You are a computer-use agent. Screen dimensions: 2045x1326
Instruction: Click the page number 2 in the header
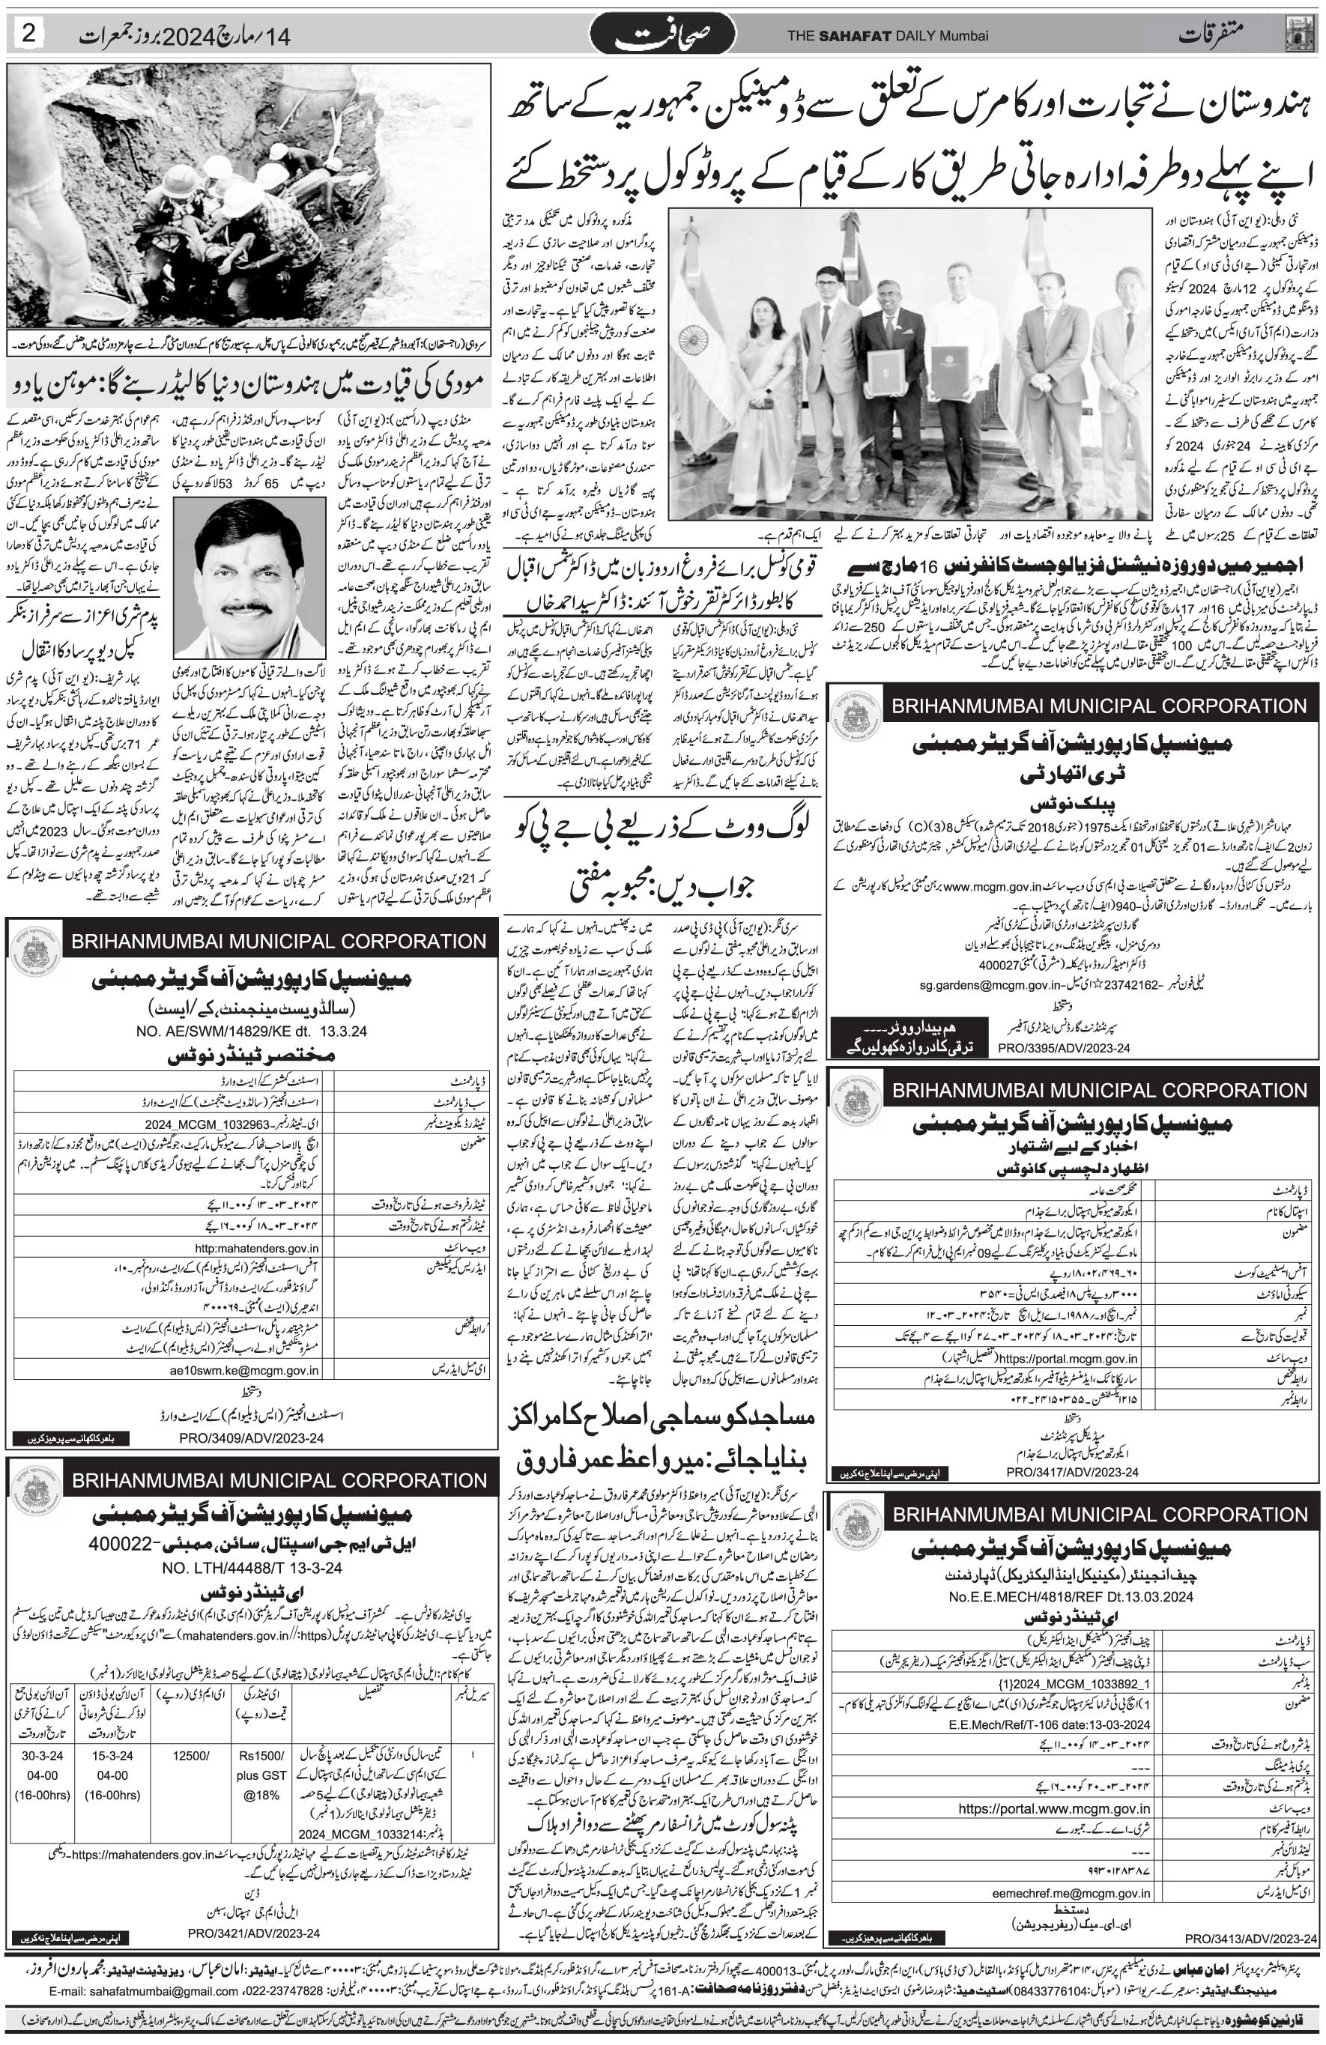tap(29, 34)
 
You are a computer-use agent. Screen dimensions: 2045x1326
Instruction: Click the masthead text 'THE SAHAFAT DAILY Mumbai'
tap(888, 36)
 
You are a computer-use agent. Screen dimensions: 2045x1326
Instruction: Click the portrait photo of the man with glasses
tap(249, 577)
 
